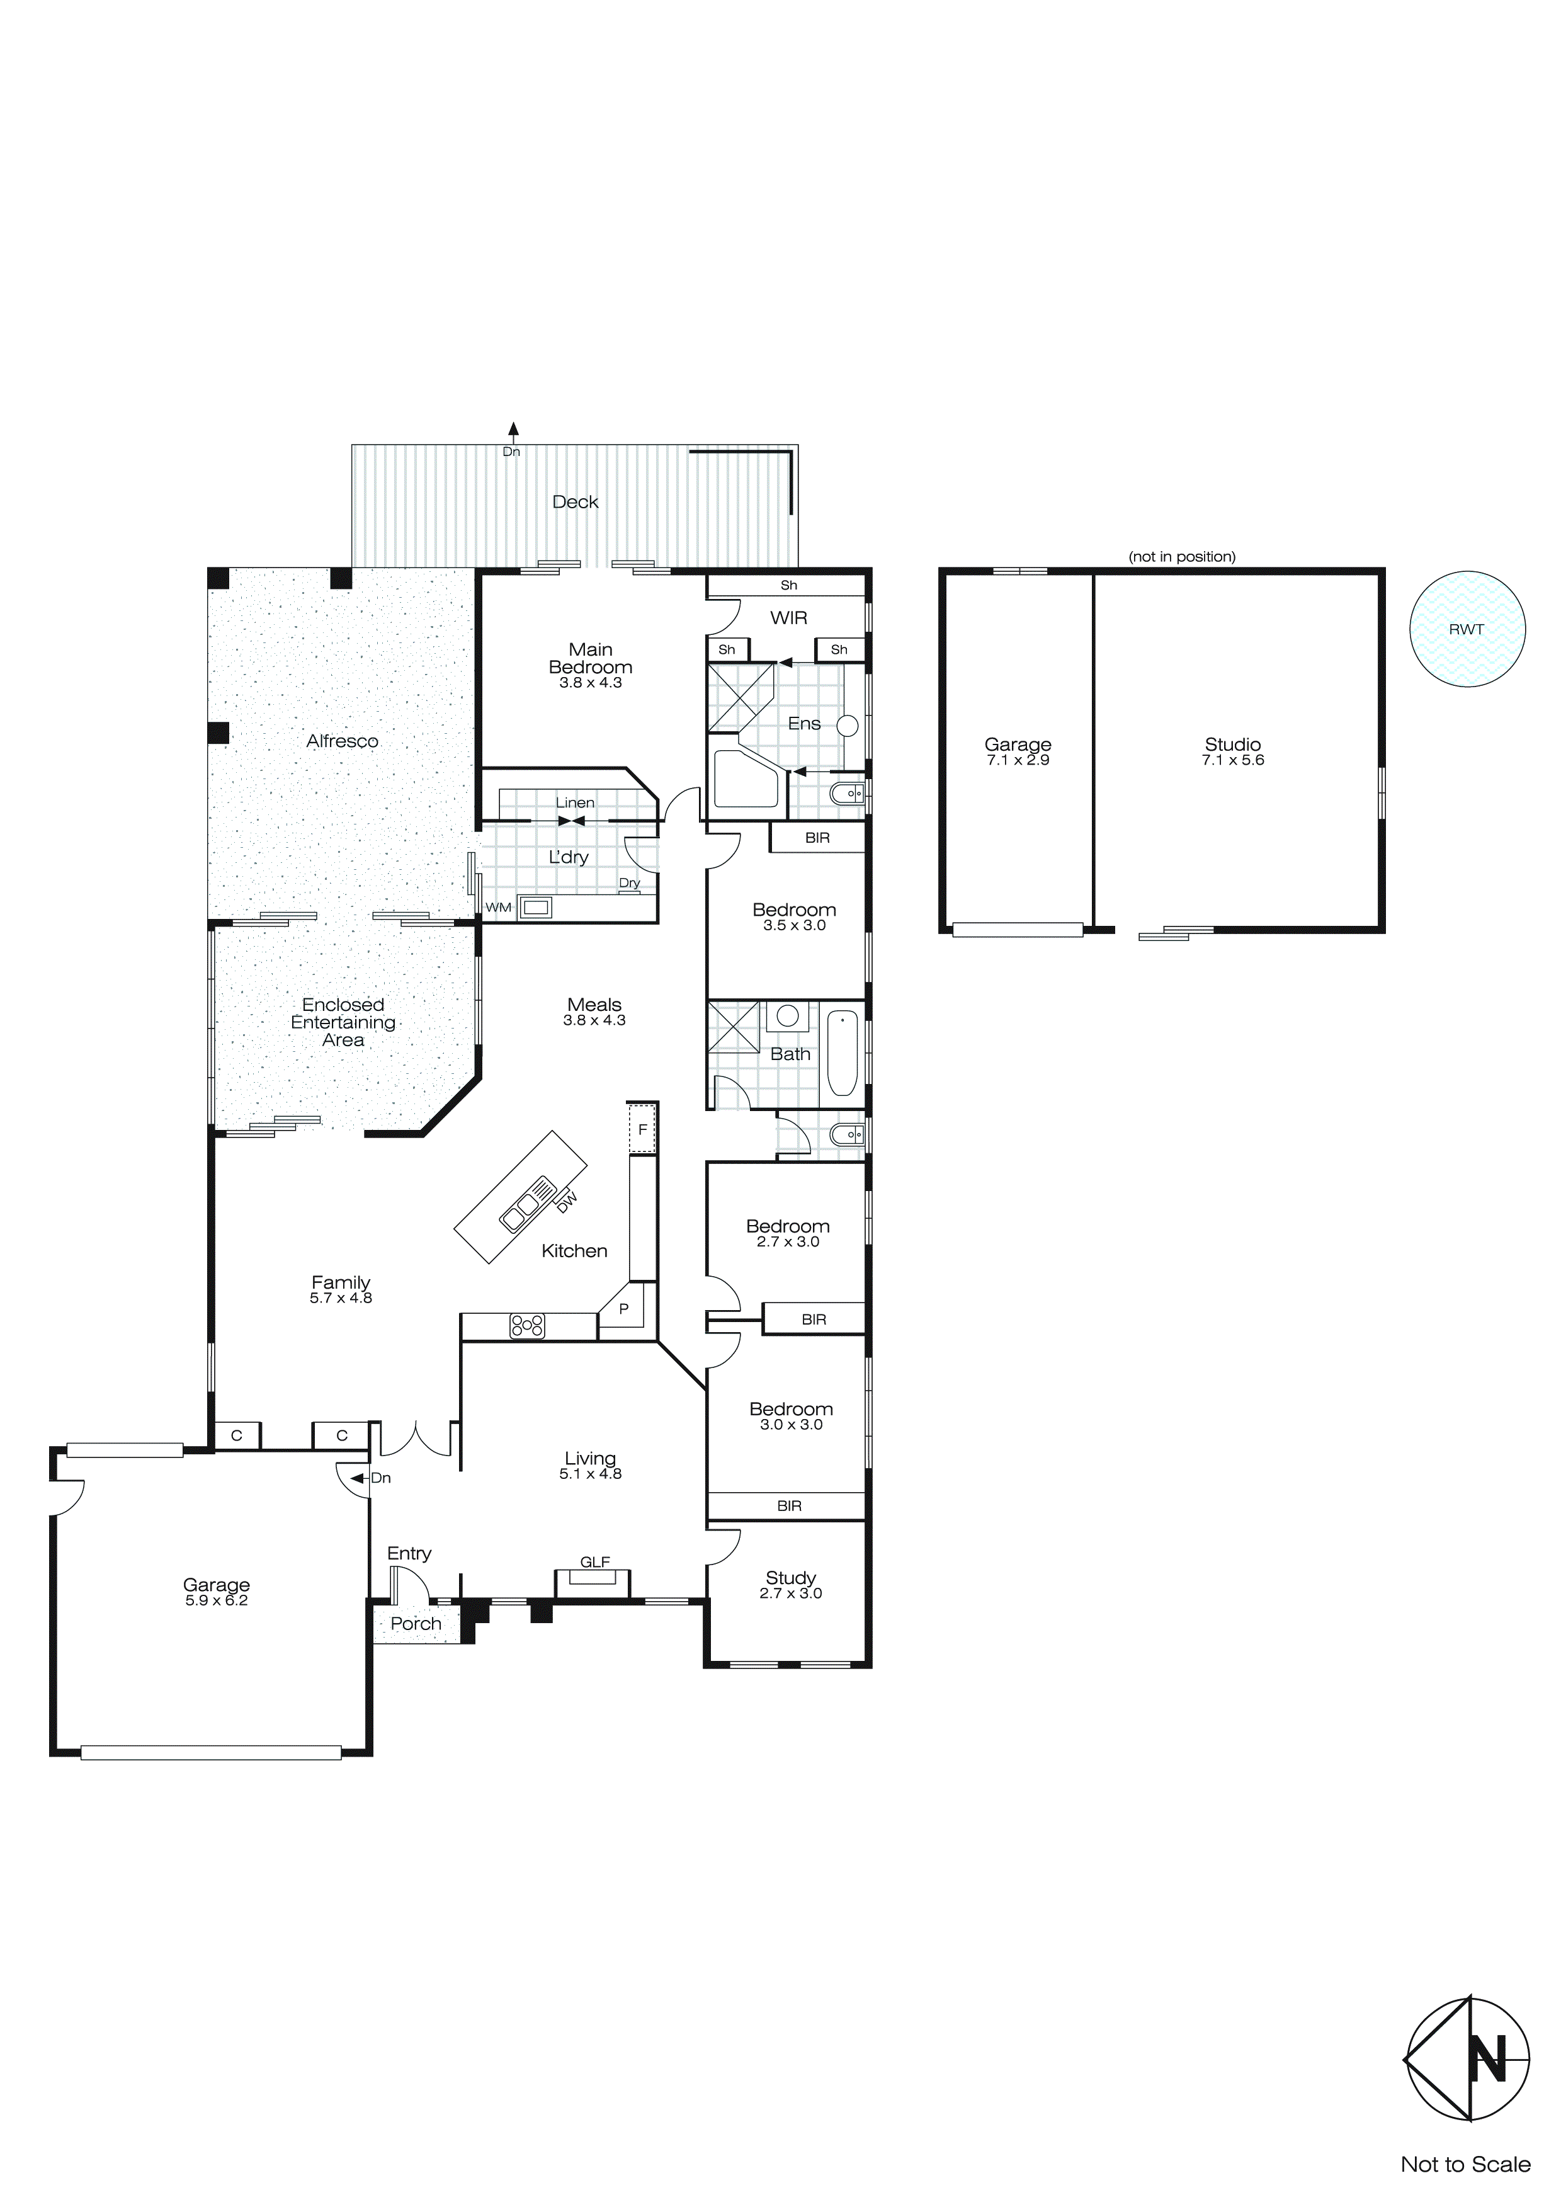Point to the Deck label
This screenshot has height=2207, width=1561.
(575, 502)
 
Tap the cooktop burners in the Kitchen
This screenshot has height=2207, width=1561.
(527, 1326)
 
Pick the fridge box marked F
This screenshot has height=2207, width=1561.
(642, 1129)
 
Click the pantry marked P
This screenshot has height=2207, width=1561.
(624, 1309)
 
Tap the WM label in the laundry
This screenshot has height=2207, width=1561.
(498, 908)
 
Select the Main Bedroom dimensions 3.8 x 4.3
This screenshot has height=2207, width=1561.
(590, 683)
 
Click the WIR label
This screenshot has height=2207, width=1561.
(788, 617)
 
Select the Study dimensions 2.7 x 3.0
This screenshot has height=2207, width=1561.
(790, 1593)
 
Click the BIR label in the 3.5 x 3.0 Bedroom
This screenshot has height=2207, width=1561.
(817, 838)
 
